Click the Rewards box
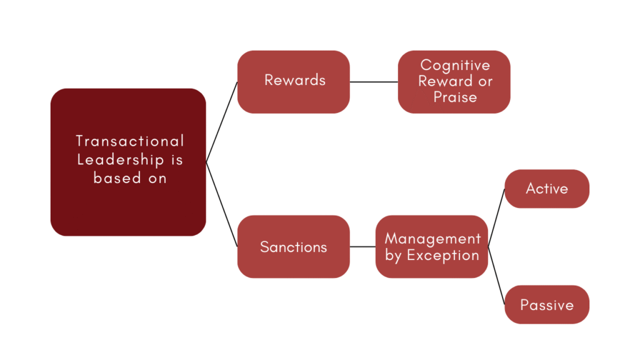tap(294, 81)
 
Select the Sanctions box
tap(294, 247)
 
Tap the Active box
tap(547, 189)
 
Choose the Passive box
tap(547, 305)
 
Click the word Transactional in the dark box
tap(130, 141)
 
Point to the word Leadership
tap(121, 159)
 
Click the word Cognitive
tap(455, 65)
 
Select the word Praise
tap(455, 97)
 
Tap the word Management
tap(432, 239)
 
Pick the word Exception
tap(442, 256)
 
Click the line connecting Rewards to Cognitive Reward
tap(374, 81)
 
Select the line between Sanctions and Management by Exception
tap(362, 247)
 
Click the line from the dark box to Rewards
tap(222, 122)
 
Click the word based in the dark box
tap(115, 177)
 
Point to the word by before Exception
tap(393, 256)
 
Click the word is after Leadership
tap(177, 159)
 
